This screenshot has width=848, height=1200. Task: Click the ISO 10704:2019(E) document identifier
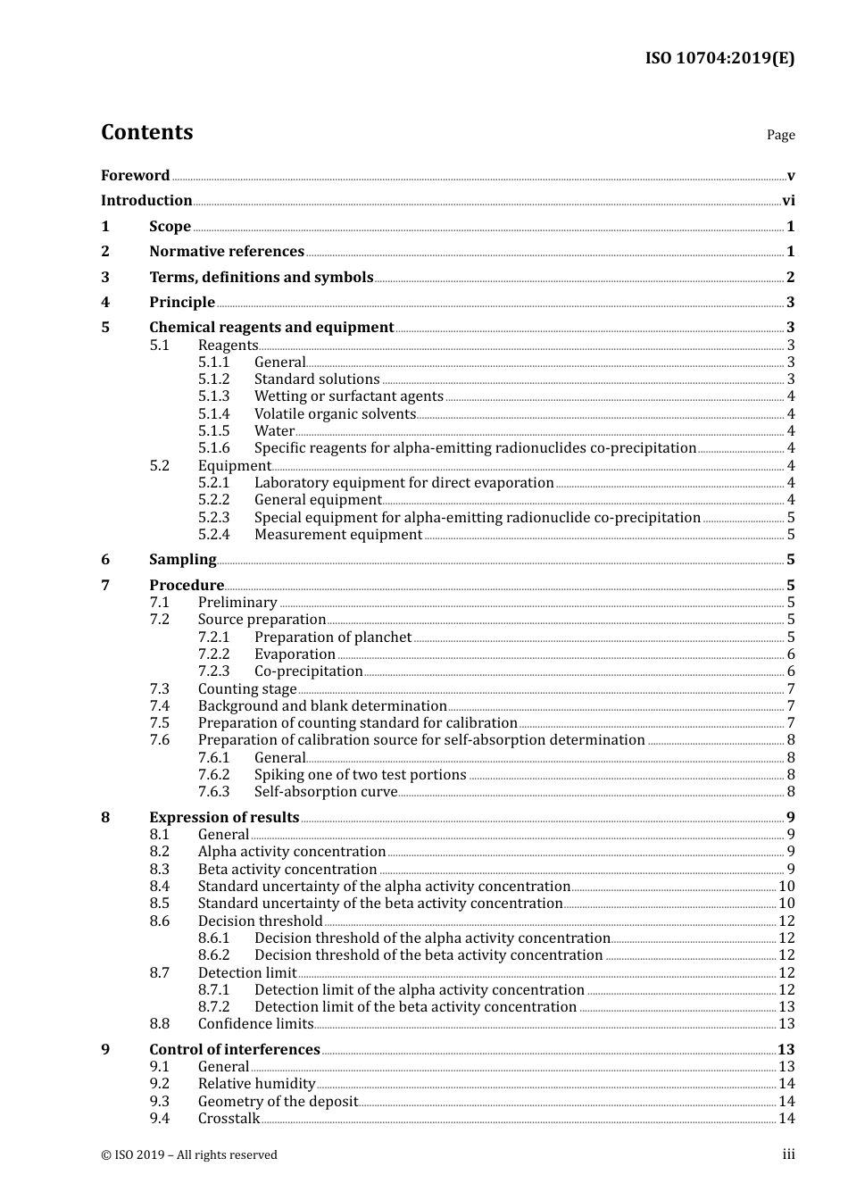pos(719,58)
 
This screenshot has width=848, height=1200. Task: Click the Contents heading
pos(146,132)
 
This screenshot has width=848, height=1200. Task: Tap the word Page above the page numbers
pos(780,135)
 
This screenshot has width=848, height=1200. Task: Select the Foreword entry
pos(135,176)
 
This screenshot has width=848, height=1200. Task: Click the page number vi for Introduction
pos(788,201)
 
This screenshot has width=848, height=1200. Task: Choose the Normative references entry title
pos(227,252)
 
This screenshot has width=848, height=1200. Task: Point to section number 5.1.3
pos(213,396)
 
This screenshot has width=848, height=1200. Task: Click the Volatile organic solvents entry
pos(335,414)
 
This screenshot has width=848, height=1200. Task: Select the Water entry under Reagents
pos(274,431)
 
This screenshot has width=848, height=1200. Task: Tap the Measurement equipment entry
pos(338,535)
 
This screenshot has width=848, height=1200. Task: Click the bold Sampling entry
pos(182,560)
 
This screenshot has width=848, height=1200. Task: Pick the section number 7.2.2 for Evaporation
pos(213,654)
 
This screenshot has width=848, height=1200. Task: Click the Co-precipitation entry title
pos(308,671)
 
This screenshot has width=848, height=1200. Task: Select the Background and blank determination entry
pos(322,706)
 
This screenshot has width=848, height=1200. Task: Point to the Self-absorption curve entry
pos(326,792)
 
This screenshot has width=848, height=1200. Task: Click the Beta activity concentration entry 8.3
pos(287,870)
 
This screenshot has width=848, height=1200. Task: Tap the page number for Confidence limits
pos(786,1024)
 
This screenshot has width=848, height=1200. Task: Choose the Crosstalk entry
pos(229,1119)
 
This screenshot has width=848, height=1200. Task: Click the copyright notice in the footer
pos(189,1155)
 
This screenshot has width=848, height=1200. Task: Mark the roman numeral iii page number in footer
pos(788,1154)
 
